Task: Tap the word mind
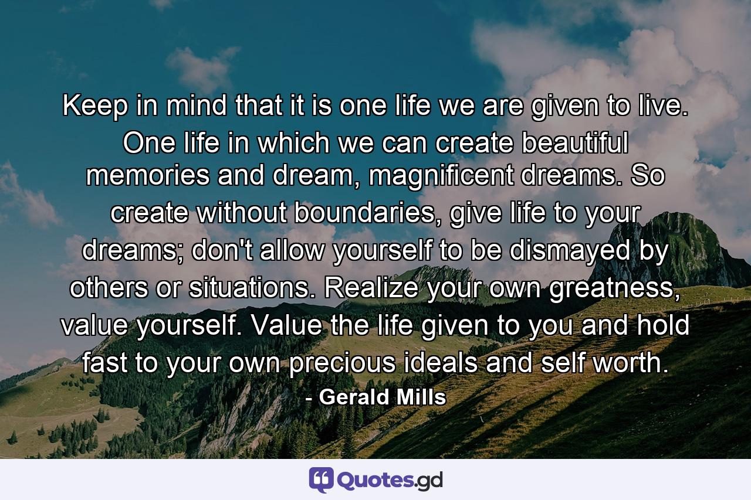coord(189,106)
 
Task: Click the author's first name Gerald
coord(357,397)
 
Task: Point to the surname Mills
coord(422,397)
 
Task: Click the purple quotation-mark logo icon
coord(321,480)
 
